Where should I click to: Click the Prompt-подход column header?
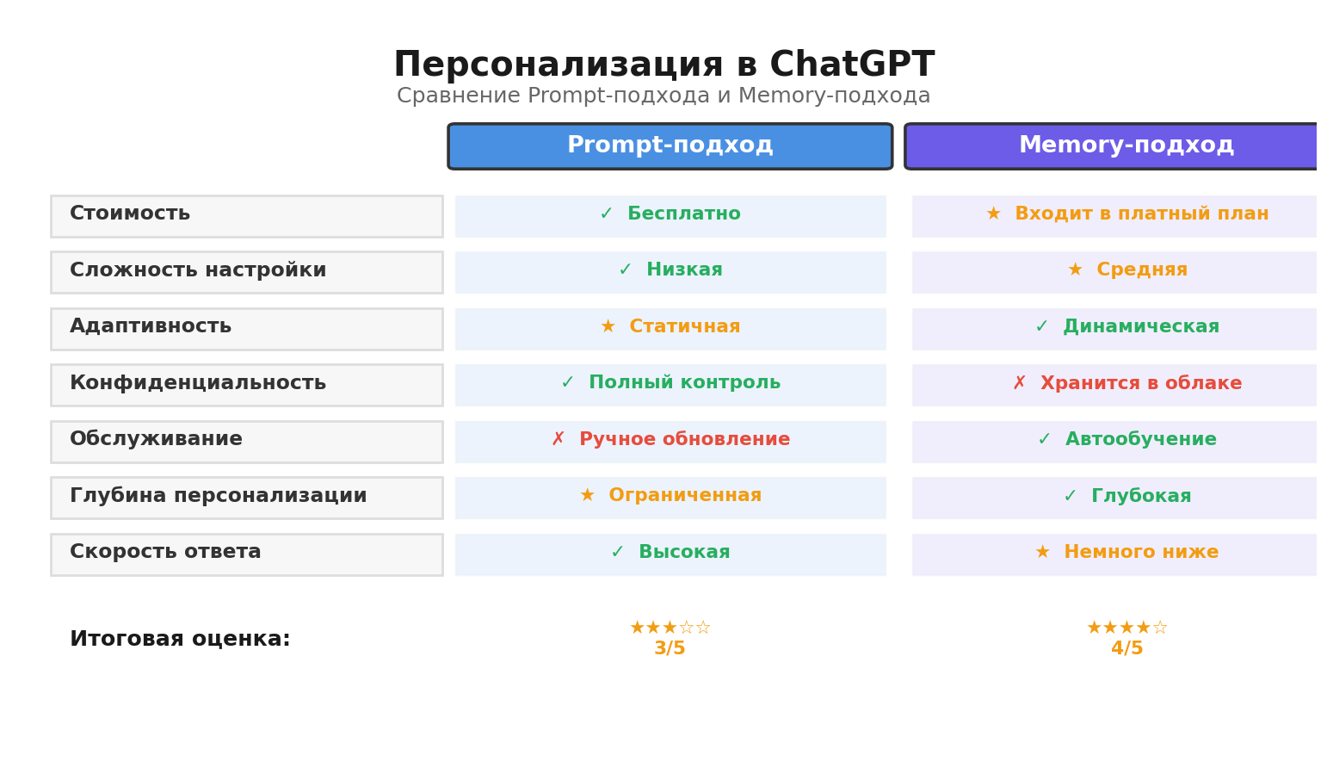point(670,146)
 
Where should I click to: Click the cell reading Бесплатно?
point(670,215)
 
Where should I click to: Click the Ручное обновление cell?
point(670,441)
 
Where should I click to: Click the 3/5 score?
point(670,649)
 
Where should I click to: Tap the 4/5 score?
point(1126,649)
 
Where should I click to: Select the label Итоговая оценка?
point(180,640)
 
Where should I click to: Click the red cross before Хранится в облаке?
point(1019,384)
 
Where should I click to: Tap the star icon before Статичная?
point(608,327)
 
